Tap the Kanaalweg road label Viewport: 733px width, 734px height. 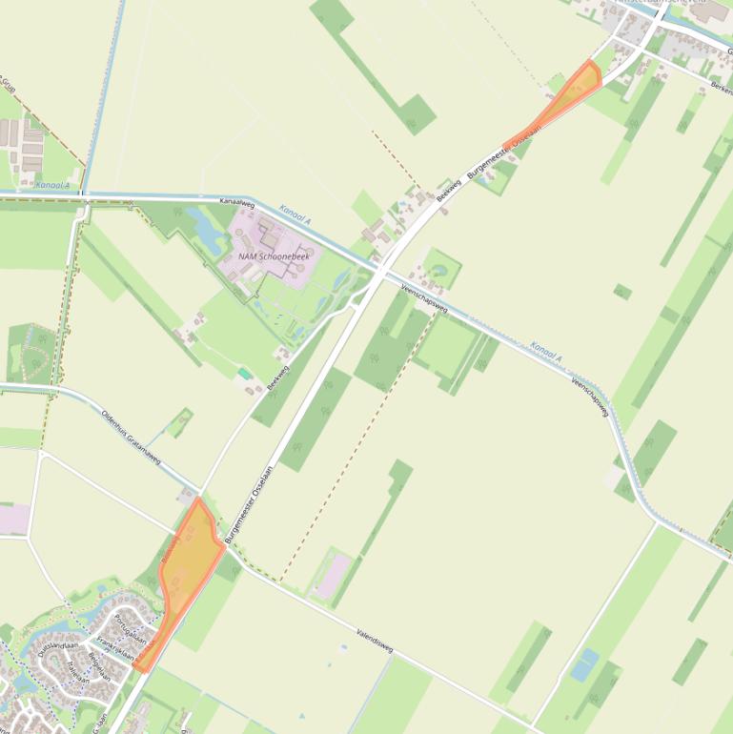[x=236, y=203]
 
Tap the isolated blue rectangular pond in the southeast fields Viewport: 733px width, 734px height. [x=584, y=663]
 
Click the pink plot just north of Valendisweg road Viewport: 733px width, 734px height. [x=335, y=578]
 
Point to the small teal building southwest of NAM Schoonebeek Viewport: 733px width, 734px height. [x=245, y=374]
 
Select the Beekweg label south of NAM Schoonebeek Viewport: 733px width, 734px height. [x=278, y=379]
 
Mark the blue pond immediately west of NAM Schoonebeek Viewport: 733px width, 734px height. [x=205, y=227]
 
